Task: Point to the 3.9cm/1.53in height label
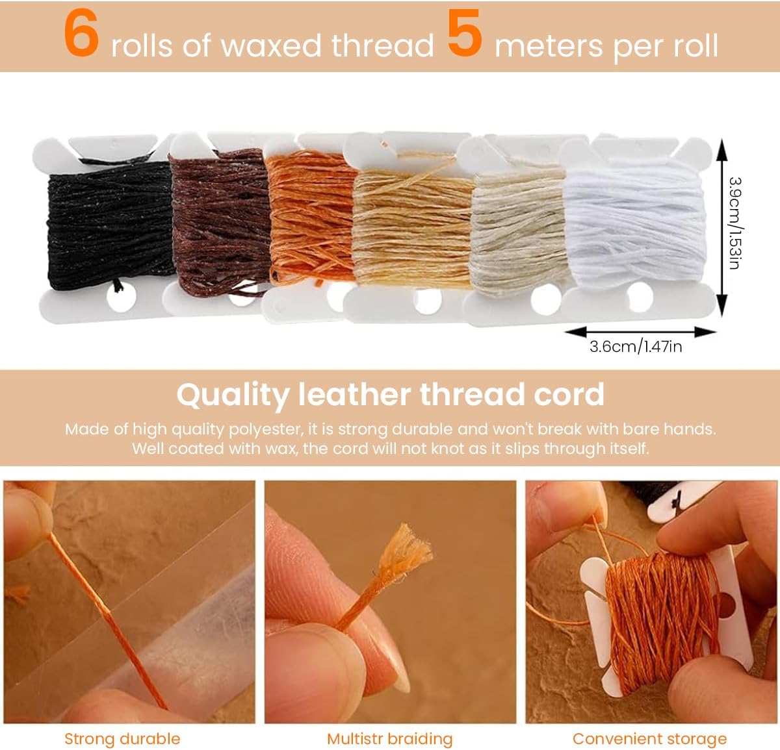pyautogui.click(x=735, y=223)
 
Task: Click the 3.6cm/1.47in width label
pyautogui.click(x=635, y=347)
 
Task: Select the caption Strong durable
pyautogui.click(x=122, y=739)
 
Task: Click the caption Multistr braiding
pyautogui.click(x=389, y=739)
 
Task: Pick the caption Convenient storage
pyautogui.click(x=649, y=739)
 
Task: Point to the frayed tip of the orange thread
pyautogui.click(x=408, y=545)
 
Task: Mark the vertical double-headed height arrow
pyautogui.click(x=720, y=227)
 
